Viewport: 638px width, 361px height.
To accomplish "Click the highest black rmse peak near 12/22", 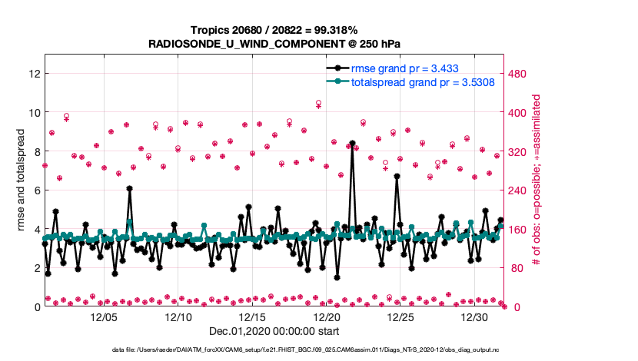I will (x=352, y=144).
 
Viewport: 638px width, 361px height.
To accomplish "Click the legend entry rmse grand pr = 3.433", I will (x=405, y=68).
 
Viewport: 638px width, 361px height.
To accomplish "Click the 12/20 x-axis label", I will (x=327, y=317).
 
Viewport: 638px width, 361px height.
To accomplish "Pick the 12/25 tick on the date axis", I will (x=401, y=317).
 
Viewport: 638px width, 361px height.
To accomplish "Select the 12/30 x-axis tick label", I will (x=475, y=317).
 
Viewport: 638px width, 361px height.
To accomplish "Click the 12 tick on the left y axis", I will (x=33, y=74).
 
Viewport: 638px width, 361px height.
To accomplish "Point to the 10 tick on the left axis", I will (x=33, y=113).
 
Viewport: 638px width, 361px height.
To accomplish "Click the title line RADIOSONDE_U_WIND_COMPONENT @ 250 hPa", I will (x=274, y=45).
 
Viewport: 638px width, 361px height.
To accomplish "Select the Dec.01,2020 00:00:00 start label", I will (x=274, y=332).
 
